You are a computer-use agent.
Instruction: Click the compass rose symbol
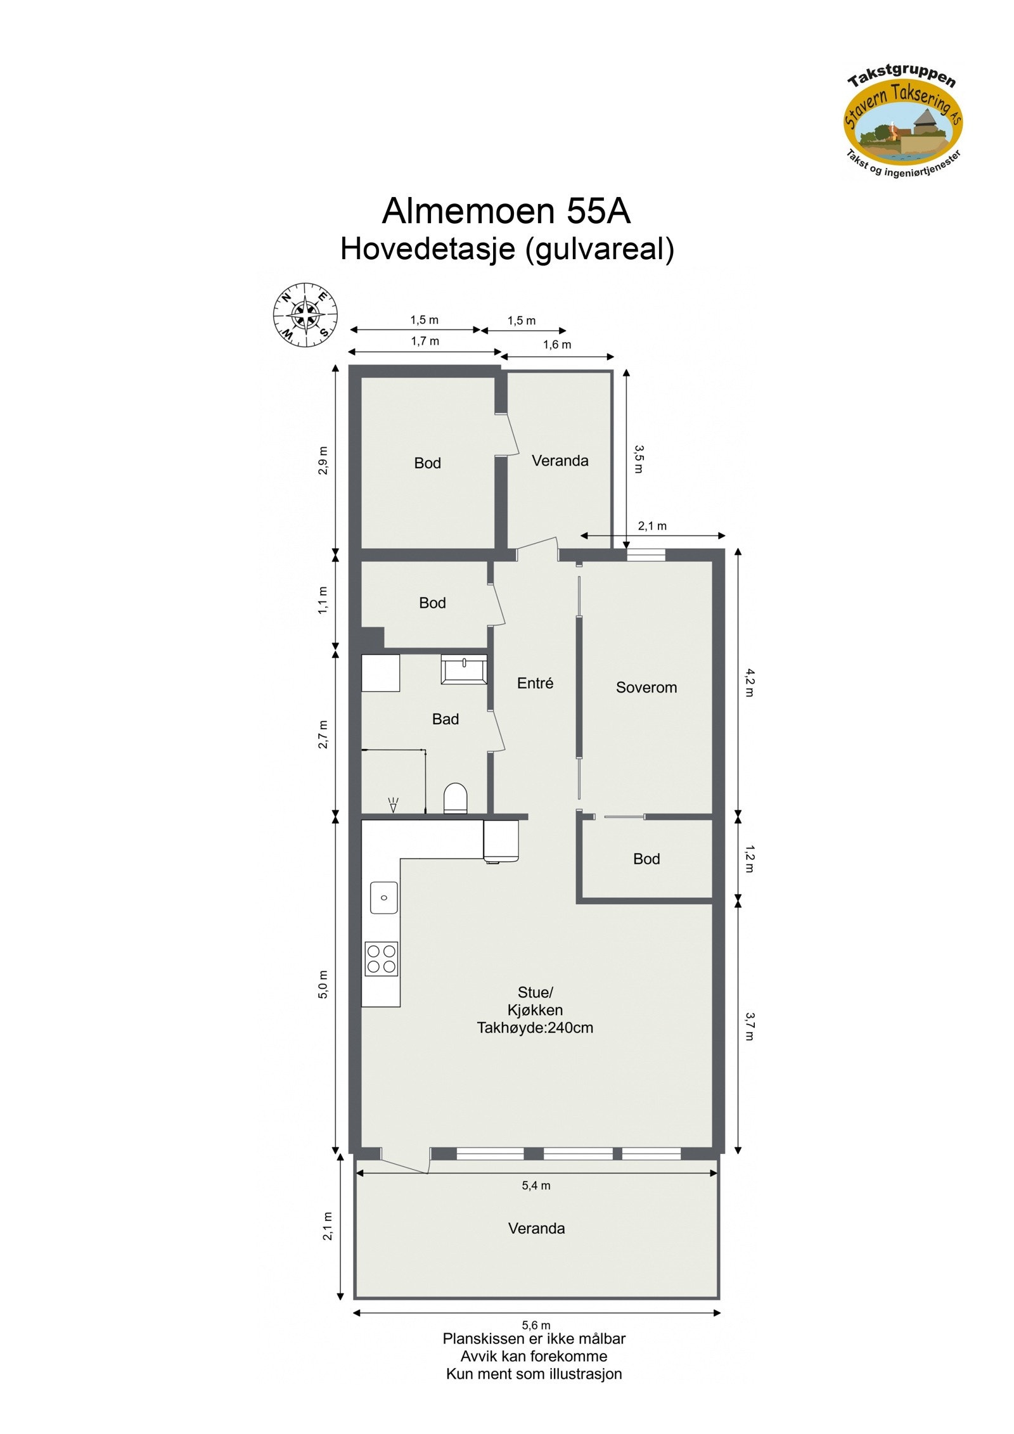305,315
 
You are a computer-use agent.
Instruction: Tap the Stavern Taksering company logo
902,125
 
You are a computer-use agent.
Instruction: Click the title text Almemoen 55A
506,211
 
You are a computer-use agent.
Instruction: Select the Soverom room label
646,687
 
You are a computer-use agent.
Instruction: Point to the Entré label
535,682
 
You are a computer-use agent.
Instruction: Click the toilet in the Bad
455,798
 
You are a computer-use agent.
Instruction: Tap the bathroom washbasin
464,669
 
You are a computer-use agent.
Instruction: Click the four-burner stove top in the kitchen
381,959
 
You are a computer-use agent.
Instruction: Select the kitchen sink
383,897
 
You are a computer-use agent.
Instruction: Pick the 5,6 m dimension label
536,1324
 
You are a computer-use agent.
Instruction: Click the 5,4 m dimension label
536,1185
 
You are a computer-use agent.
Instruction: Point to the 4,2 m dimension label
749,682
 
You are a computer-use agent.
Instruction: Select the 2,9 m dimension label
323,461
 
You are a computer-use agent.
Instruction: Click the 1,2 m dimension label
749,858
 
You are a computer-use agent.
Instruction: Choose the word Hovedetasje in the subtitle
427,249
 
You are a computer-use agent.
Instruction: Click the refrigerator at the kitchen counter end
501,841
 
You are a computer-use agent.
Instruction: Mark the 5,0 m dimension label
323,984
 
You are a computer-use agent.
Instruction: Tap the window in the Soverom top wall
646,555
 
